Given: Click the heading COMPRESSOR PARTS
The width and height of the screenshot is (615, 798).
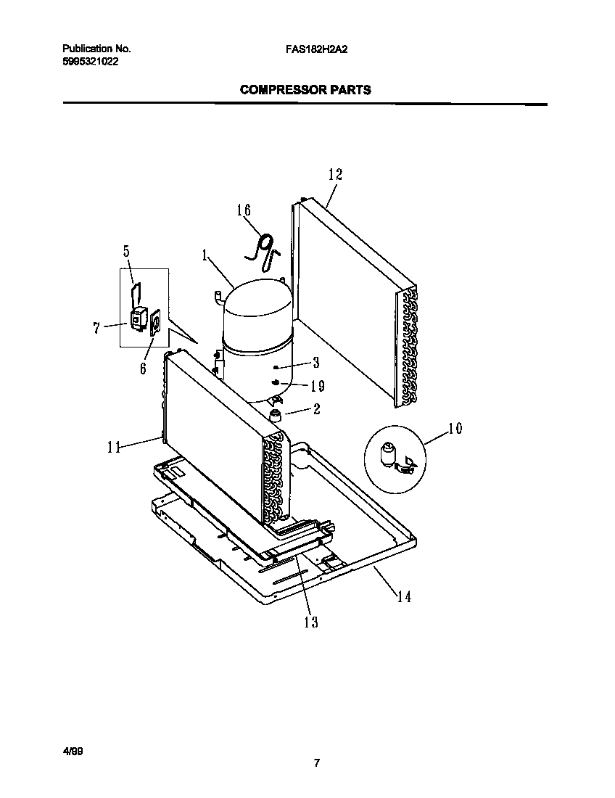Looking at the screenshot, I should pos(305,91).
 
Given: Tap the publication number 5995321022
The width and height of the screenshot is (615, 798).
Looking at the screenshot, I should pos(88,62).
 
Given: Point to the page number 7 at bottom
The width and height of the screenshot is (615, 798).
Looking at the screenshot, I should pos(316,762).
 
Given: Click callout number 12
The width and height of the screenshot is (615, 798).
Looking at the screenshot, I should pos(334,174).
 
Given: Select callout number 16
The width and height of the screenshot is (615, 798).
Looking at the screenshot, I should pos(244,210).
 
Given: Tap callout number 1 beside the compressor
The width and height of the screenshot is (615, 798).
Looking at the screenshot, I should pos(205,255).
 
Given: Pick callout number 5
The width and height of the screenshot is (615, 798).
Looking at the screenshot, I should pos(126,252).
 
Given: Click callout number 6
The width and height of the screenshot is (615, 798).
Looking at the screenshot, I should pos(143,368).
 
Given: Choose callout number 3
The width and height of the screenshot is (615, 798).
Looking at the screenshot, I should pos(315,363).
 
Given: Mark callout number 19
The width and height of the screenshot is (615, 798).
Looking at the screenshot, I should pos(317,386).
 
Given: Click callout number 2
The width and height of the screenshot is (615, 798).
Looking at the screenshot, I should pos(316,408).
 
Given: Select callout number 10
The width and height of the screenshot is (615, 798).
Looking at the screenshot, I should pos(454,428).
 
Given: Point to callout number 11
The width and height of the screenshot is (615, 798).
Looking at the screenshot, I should pos(113,448).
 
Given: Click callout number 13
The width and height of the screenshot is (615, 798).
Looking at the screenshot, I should pos(311,622).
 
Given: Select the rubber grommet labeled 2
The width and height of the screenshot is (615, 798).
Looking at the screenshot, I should pos(276,415).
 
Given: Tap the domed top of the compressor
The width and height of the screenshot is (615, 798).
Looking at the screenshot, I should pos(257,305).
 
